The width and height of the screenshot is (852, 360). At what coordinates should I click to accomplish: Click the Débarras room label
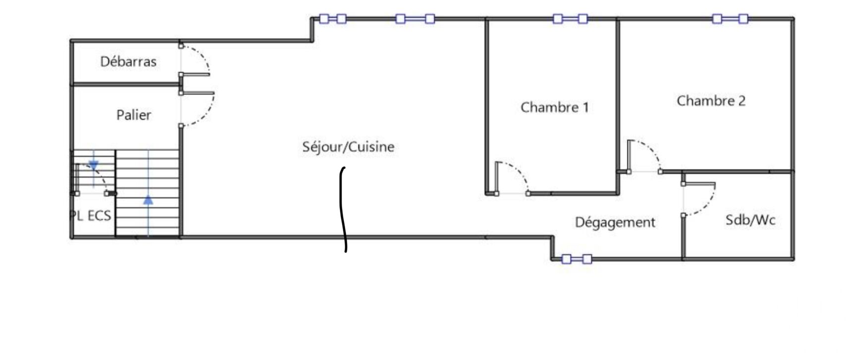pyautogui.click(x=128, y=62)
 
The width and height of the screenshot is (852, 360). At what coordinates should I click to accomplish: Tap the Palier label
pyautogui.click(x=133, y=115)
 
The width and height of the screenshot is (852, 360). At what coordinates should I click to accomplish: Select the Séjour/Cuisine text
pyautogui.click(x=348, y=147)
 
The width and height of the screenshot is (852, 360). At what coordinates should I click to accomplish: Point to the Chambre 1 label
pyautogui.click(x=554, y=107)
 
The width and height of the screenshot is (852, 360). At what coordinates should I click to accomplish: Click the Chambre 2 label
pyautogui.click(x=711, y=101)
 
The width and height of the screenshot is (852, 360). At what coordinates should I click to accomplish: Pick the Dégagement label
pyautogui.click(x=615, y=222)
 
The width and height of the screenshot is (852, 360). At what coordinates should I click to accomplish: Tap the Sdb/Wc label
pyautogui.click(x=750, y=220)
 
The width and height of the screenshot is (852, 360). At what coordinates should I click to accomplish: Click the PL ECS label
pyautogui.click(x=91, y=216)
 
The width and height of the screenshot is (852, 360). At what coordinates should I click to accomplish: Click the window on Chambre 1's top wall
pyautogui.click(x=570, y=19)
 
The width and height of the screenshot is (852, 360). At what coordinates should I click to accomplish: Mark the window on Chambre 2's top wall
pyautogui.click(x=730, y=19)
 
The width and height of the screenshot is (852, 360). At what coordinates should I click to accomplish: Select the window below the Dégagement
pyautogui.click(x=576, y=258)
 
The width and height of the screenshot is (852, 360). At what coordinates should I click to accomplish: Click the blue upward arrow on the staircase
pyautogui.click(x=148, y=200)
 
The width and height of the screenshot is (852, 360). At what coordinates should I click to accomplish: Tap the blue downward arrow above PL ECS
pyautogui.click(x=93, y=165)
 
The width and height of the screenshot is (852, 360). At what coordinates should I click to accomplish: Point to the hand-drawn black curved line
pyautogui.click(x=342, y=208)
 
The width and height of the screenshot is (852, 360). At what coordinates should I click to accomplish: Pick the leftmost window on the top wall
pyautogui.click(x=332, y=19)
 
